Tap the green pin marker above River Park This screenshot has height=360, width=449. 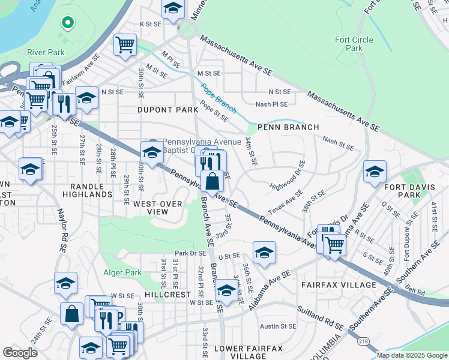(x=68, y=24)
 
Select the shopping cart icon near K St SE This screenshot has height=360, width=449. (x=125, y=44)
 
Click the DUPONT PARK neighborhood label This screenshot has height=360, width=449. (x=167, y=110)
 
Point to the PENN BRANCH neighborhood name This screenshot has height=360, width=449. (x=279, y=127)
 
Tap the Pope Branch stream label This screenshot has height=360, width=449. (x=217, y=97)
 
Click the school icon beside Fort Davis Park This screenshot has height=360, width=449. (x=375, y=173)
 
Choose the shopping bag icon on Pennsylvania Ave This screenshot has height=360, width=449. (x=212, y=181)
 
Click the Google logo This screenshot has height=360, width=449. (x=20, y=353)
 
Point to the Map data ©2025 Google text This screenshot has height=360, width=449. (x=412, y=355)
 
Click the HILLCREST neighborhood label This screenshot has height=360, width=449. (x=166, y=295)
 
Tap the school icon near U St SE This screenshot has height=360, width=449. (x=264, y=253)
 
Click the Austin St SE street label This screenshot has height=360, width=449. (x=277, y=326)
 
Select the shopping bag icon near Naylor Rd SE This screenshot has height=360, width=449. (x=71, y=314)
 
